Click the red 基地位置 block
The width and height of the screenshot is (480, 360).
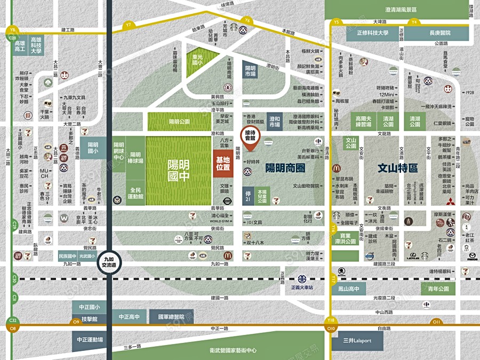click(222, 163)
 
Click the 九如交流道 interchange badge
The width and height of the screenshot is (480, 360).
click(109, 260)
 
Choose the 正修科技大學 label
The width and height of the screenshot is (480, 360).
click(380, 33)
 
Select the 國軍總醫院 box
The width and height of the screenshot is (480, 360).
click(171, 317)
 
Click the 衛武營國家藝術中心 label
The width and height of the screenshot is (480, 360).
click(233, 350)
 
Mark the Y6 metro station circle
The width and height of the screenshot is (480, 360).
click(247, 20)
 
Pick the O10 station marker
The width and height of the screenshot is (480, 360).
click(331, 328)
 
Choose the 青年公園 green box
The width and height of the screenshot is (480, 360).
click(437, 290)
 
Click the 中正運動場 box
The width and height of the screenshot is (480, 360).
click(89, 340)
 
